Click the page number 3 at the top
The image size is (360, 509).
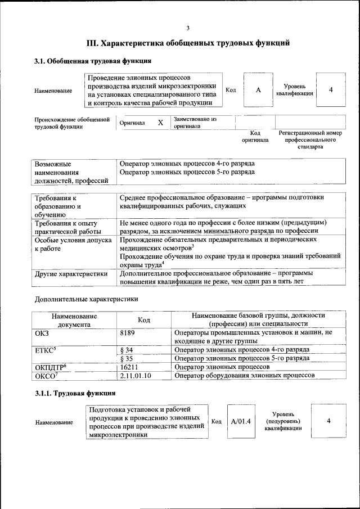click(x=188, y=28)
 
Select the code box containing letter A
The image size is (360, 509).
click(x=258, y=90)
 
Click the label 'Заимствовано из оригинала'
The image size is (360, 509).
click(x=195, y=123)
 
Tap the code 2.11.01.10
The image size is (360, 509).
click(x=136, y=375)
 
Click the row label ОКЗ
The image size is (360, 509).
click(x=42, y=333)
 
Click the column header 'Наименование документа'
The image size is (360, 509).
click(x=74, y=320)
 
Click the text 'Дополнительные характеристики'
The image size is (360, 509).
click(x=86, y=299)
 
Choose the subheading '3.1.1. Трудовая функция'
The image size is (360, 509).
click(x=75, y=393)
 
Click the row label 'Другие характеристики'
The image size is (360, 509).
click(x=71, y=274)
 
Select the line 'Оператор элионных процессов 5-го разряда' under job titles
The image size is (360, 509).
click(x=187, y=172)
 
